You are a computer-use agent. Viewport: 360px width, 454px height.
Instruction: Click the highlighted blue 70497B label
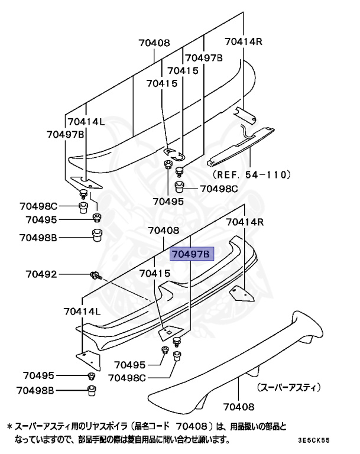(191, 254)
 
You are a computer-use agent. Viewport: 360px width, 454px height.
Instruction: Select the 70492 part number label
(41, 274)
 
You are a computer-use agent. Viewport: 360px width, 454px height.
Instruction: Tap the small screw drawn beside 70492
(95, 274)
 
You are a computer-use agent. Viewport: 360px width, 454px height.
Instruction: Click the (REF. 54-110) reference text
(250, 174)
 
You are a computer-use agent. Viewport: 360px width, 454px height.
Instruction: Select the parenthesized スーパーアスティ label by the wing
(288, 388)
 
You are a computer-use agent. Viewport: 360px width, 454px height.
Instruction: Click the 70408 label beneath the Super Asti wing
(239, 407)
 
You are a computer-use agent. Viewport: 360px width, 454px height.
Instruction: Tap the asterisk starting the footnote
(9, 426)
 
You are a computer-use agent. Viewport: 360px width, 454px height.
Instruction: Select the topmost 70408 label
(154, 43)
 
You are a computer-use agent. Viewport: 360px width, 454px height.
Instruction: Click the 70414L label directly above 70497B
(86, 122)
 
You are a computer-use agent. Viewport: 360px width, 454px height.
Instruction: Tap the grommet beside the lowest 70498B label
(92, 390)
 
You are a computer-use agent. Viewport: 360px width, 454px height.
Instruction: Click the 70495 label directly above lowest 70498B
(39, 375)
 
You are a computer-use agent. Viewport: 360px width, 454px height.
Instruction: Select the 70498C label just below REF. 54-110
(219, 189)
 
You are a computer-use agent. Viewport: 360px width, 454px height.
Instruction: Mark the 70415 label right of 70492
(155, 274)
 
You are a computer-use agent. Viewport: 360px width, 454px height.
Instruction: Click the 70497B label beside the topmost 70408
(203, 57)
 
